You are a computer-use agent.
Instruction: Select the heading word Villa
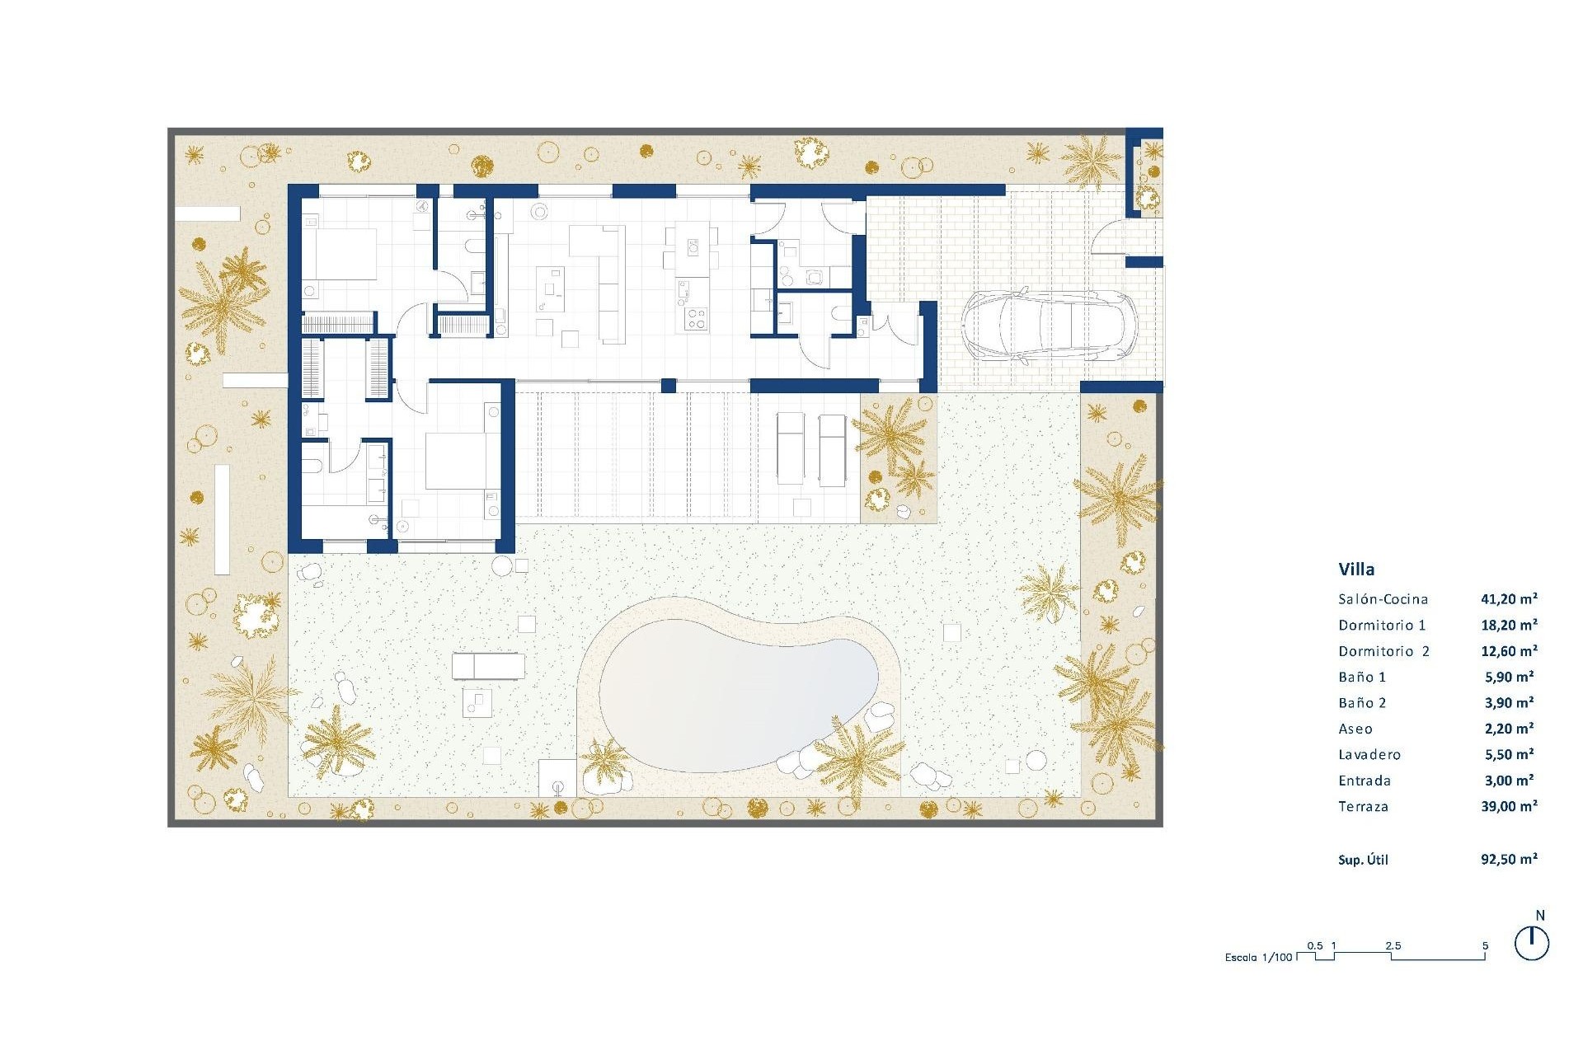click(x=1356, y=569)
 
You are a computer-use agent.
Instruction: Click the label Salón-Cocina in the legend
click(x=1383, y=599)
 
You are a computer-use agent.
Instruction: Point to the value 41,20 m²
click(x=1509, y=599)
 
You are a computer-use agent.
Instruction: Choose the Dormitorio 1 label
click(x=1382, y=626)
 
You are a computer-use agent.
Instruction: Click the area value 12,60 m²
click(x=1509, y=651)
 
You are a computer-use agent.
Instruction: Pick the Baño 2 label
click(x=1362, y=703)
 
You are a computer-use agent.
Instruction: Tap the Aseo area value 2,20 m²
click(x=1507, y=729)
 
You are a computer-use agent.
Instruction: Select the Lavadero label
click(x=1369, y=755)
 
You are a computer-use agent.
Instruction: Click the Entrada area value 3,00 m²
click(x=1507, y=781)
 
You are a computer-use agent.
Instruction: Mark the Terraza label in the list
click(x=1363, y=807)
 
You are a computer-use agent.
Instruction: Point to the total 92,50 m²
click(x=1509, y=860)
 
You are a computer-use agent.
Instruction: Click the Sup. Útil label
click(x=1363, y=860)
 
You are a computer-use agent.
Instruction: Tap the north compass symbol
click(x=1532, y=942)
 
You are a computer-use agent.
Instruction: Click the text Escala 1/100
click(x=1258, y=958)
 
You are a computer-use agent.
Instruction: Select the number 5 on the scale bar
click(x=1485, y=946)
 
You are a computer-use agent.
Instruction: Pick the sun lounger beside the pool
click(x=488, y=665)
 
